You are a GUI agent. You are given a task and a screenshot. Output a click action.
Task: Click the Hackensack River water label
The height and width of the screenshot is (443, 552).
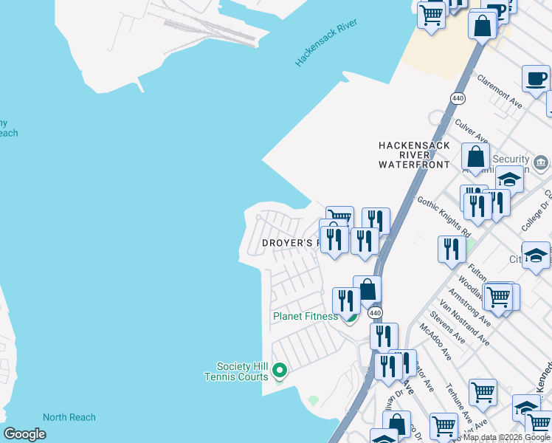click(326, 44)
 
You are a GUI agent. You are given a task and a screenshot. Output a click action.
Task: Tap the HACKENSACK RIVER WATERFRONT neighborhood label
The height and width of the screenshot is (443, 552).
click(413, 155)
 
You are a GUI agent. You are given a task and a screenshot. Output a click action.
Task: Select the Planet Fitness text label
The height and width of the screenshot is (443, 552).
click(305, 316)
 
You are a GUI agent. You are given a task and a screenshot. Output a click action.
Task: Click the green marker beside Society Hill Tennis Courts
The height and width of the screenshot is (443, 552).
click(279, 370)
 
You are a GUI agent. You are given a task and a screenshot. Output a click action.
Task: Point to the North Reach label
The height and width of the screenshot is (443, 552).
click(69, 417)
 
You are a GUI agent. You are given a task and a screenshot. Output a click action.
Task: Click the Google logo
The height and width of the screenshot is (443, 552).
click(24, 434)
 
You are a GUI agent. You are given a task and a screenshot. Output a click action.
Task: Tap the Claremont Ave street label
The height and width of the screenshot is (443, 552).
click(500, 91)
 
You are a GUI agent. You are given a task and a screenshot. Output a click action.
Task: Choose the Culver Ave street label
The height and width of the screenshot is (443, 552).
click(472, 129)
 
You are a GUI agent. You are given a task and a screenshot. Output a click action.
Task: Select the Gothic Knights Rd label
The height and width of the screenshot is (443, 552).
click(444, 214)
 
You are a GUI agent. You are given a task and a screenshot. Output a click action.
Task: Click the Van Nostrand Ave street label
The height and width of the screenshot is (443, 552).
click(464, 323)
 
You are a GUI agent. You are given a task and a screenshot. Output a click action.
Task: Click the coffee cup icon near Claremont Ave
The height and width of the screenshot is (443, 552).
click(536, 78)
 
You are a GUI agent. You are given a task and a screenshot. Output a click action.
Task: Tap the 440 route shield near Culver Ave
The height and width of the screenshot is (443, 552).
click(458, 97)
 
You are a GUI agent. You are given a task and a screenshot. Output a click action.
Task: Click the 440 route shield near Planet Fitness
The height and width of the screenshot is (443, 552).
click(376, 313)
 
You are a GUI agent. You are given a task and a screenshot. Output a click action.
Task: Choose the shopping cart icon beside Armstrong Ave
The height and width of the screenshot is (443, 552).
click(499, 296)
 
